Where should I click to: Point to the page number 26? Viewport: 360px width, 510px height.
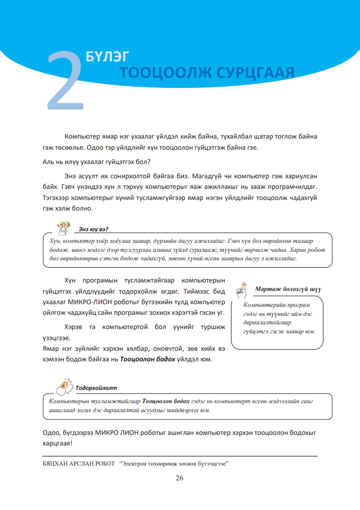pyautogui.click(x=179, y=478)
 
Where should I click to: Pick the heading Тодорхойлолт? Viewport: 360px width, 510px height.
pyautogui.click(x=96, y=387)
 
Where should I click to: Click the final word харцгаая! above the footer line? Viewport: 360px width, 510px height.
pyautogui.click(x=57, y=443)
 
